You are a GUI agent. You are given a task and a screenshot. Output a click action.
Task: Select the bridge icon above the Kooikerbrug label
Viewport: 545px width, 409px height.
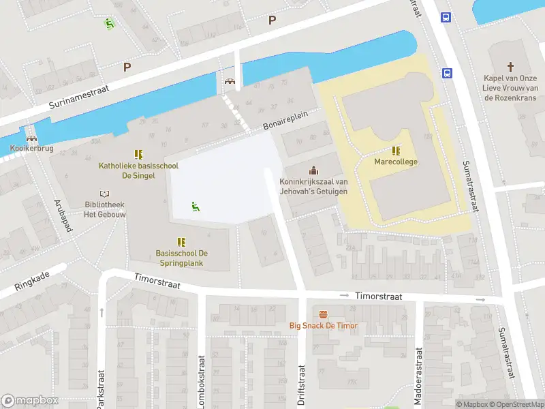31,138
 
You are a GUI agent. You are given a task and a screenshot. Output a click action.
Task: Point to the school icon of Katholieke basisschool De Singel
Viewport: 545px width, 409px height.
139,154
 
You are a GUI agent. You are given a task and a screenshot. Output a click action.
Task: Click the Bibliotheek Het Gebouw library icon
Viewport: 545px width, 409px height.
104,194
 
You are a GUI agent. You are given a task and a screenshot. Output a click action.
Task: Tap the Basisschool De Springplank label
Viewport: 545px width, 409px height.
181,258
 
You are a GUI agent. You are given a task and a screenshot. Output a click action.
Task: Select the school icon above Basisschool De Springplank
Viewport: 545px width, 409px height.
181,241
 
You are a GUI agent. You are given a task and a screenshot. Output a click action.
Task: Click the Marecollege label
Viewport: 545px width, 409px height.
396,162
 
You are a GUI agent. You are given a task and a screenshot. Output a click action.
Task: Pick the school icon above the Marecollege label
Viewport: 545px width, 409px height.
396,151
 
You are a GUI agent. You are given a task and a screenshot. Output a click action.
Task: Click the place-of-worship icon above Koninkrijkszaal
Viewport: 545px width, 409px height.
313,170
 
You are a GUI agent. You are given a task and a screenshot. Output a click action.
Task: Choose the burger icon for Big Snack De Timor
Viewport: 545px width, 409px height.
323,314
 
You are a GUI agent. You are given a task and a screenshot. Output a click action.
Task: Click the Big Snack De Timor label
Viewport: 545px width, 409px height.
323,326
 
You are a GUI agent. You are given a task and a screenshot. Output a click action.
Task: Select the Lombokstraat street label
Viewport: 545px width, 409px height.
202,382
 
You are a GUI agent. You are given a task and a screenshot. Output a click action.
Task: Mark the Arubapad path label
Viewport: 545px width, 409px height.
63,216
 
